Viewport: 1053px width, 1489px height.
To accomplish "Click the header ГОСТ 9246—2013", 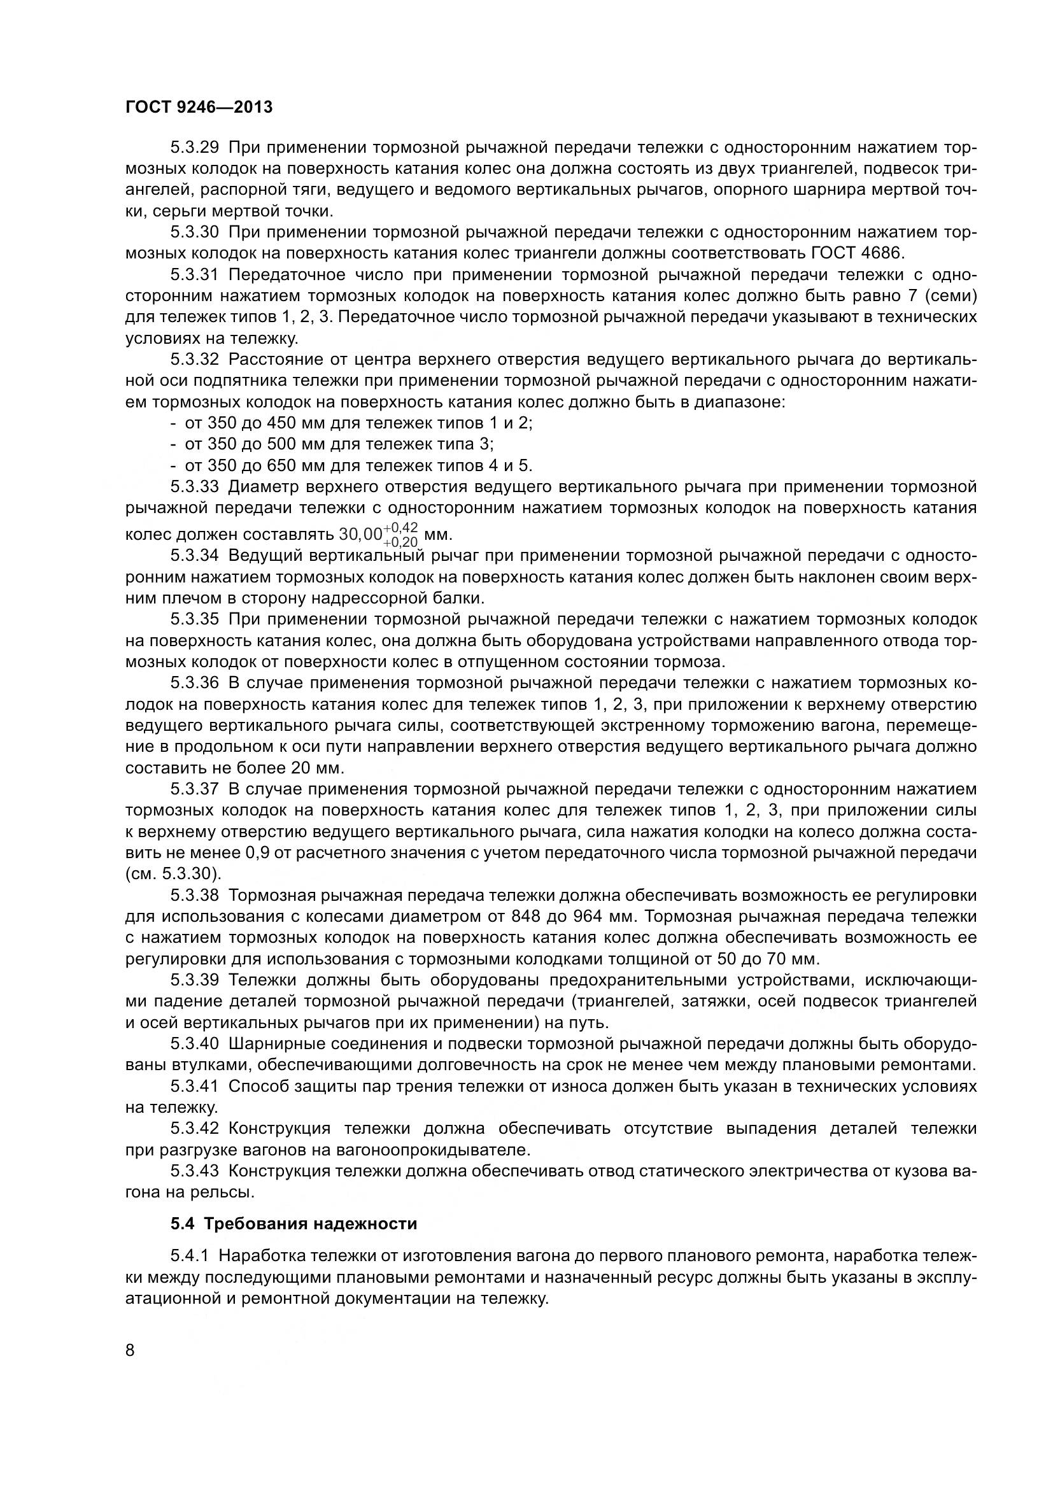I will (x=199, y=107).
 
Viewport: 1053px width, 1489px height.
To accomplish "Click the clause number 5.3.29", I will (x=195, y=148).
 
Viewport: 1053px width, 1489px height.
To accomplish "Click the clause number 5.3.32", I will (x=195, y=360).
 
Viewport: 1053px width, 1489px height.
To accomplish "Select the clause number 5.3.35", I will (x=195, y=619).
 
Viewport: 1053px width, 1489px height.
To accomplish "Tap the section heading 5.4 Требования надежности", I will (x=293, y=1224).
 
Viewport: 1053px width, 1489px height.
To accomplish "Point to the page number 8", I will (x=130, y=1351).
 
